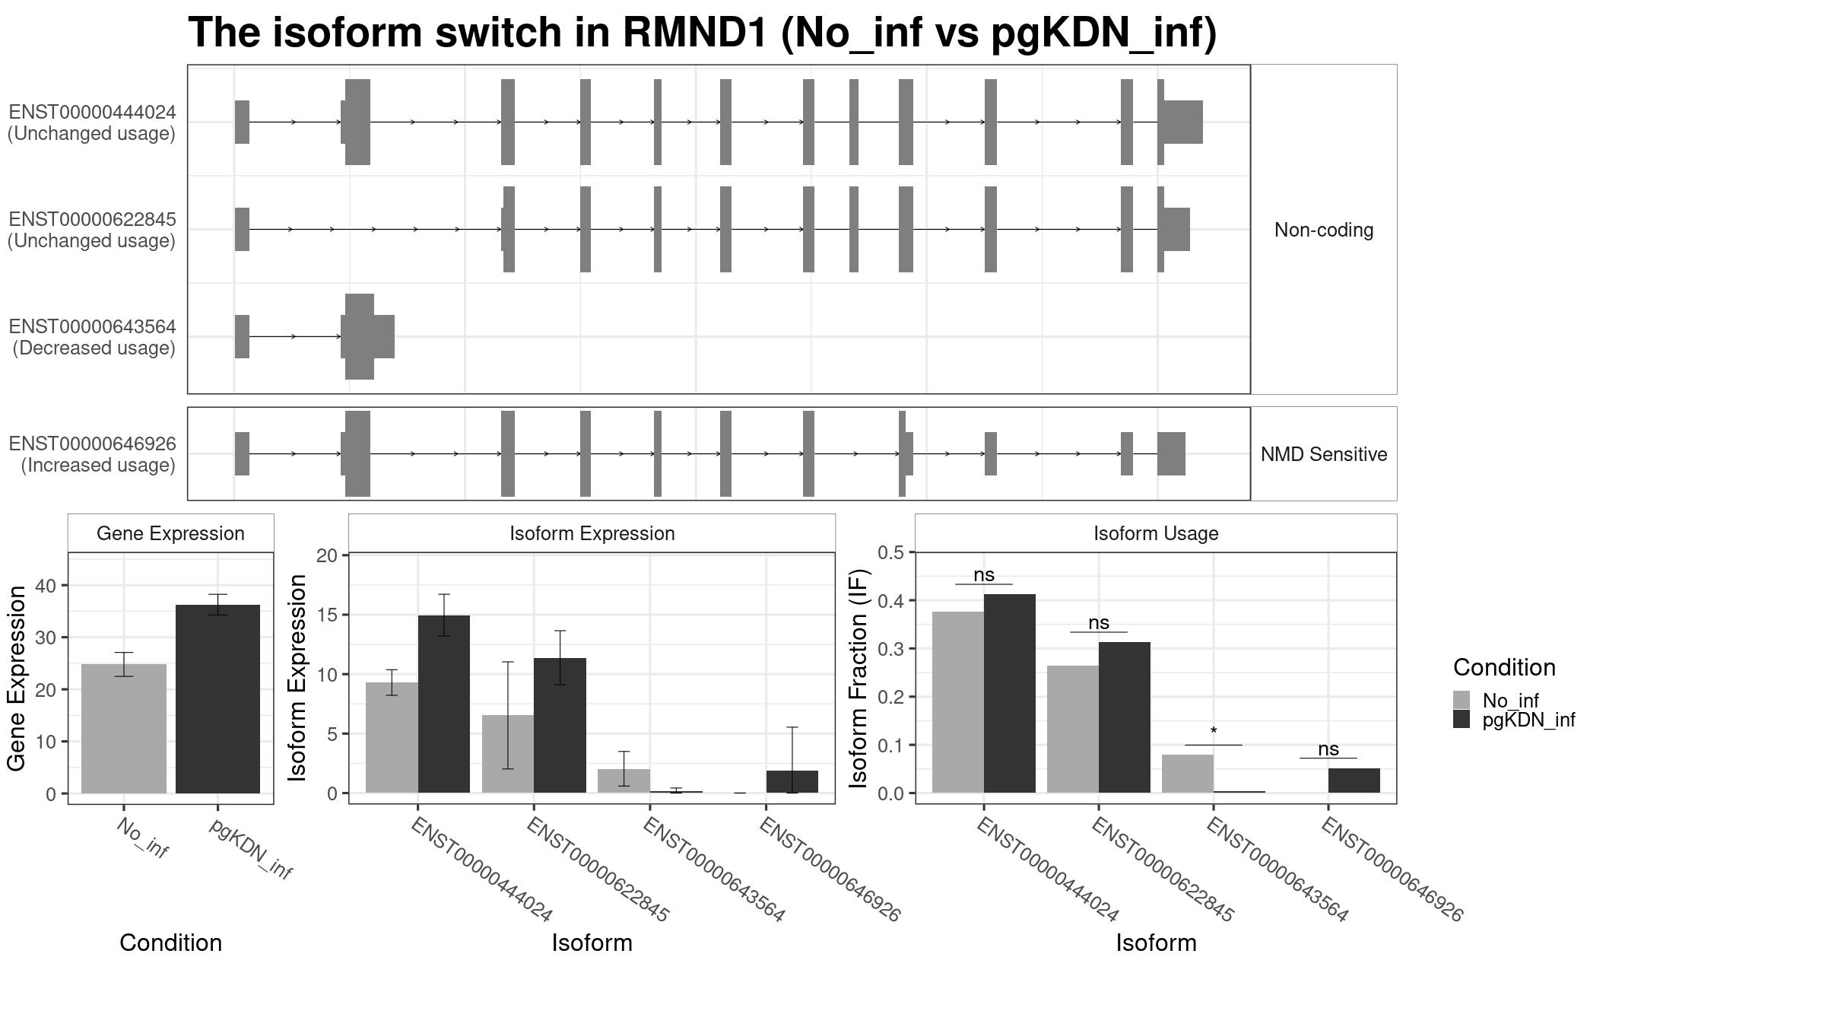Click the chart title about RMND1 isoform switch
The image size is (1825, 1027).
702,33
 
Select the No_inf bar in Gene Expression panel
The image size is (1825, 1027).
124,729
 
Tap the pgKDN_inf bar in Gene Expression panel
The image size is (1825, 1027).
217,699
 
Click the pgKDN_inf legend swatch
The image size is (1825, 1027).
1462,720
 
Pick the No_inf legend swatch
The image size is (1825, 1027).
1462,701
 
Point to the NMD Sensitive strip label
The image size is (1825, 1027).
1324,454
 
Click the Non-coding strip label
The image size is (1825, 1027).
1324,230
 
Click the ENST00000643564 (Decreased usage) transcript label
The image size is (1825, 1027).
92,337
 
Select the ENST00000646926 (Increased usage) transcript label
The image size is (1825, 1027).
92,454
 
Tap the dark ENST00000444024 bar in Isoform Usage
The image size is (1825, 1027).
1010,694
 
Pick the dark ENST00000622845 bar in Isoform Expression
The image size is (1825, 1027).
560,726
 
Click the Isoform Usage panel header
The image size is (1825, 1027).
1156,533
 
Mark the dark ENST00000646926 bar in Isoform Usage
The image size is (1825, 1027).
1354,781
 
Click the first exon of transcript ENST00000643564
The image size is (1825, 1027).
242,336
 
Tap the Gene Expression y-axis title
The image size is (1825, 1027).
17,679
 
